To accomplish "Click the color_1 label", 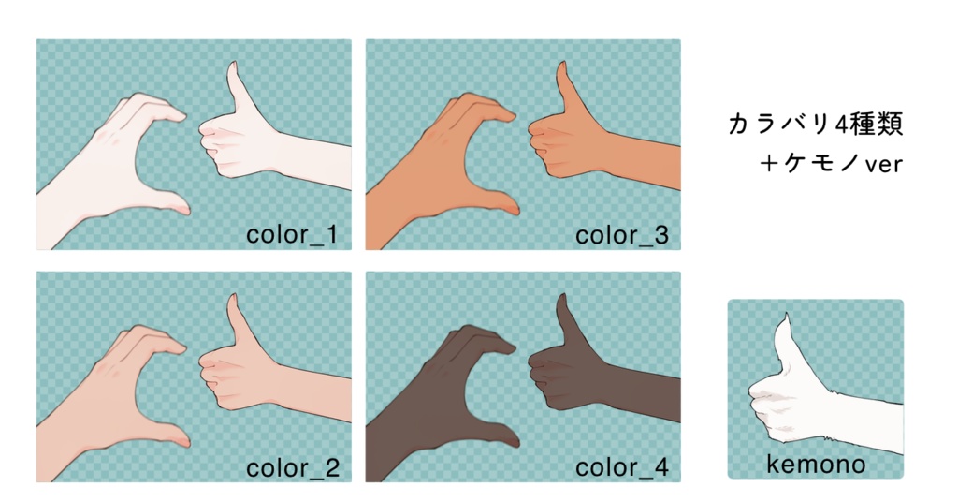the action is [x=292, y=235].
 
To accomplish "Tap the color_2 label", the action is [x=292, y=467].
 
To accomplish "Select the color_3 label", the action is [x=622, y=235].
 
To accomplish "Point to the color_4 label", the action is [x=622, y=467].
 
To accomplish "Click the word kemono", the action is [x=816, y=465].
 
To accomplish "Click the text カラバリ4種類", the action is [x=816, y=125].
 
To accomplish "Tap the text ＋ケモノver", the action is [x=831, y=163].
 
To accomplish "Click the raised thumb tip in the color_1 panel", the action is [x=232, y=65].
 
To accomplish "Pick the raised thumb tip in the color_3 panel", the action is [x=561, y=65].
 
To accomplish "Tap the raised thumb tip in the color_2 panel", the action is [x=232, y=297].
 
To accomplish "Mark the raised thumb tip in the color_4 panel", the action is [x=561, y=297].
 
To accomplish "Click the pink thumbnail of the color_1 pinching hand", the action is [x=183, y=210].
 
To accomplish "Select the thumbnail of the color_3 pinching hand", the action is [x=513, y=210].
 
